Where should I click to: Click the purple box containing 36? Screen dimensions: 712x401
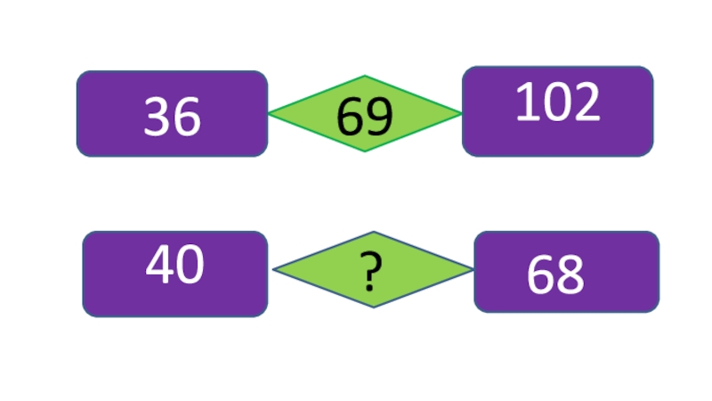coord(172,114)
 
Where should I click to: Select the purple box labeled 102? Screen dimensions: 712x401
coord(558,110)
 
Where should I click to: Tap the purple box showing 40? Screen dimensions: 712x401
coord(175,274)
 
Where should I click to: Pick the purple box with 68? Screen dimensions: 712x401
coord(566,272)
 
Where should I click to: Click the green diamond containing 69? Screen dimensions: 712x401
coord(365,114)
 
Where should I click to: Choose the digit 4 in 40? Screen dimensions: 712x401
coord(159,264)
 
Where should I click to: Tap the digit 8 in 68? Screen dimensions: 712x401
coord(570,274)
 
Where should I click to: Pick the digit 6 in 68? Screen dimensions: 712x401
coord(540,274)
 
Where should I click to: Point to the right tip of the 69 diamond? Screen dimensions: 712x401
coord(460,113)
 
